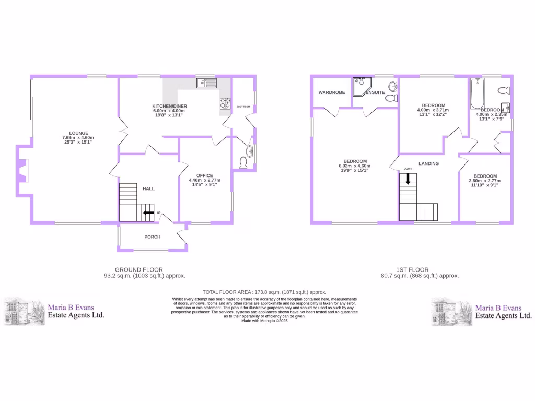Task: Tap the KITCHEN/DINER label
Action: pos(170,106)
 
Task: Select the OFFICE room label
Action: pos(204,175)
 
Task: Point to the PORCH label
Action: pos(153,237)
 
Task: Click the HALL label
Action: pos(148,188)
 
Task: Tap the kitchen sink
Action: pos(207,83)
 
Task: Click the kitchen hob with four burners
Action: pos(225,103)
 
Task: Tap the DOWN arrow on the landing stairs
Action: pos(408,179)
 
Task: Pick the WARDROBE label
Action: pos(332,93)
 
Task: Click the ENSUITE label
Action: pos(375,93)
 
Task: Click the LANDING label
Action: pos(428,163)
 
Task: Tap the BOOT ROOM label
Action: pos(243,107)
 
